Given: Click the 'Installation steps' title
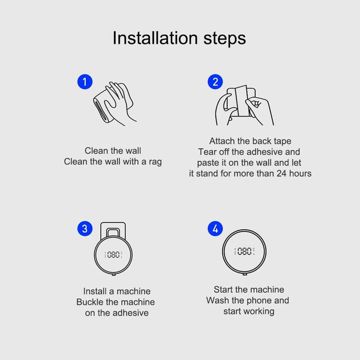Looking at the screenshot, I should (179, 38).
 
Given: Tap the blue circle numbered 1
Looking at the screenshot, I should (85, 81).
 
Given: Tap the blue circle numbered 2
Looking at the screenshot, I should (214, 81).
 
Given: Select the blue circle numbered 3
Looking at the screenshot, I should (85, 229).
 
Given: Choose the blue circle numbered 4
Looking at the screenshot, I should (214, 229).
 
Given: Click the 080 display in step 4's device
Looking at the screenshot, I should (245, 251).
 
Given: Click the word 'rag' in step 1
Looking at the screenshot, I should (155, 162).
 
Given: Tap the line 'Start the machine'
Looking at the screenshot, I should (249, 289).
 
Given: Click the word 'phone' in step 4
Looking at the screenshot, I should (258, 301).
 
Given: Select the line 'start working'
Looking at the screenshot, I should (248, 311).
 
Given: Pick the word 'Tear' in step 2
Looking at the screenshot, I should (208, 152).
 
